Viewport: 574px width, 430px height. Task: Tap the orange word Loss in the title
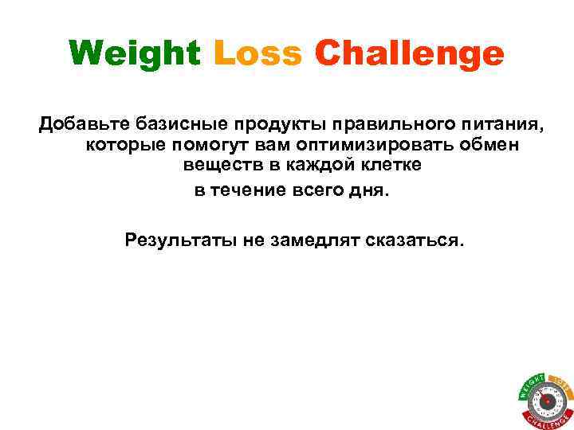tap(258, 54)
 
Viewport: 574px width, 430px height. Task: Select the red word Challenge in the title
tap(409, 55)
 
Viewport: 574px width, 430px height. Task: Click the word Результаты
tap(179, 240)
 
